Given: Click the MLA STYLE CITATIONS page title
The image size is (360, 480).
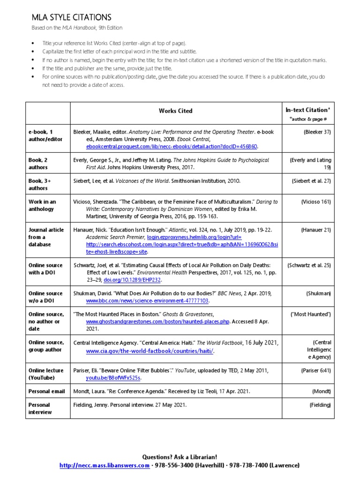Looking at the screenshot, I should coord(71,17).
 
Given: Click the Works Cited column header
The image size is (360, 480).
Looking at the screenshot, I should coord(175,111).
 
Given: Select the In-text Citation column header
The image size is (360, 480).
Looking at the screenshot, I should coord(308,110).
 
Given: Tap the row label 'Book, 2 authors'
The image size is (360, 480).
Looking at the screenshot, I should coord(38,164).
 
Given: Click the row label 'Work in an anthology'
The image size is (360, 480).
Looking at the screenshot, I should coord(42,205).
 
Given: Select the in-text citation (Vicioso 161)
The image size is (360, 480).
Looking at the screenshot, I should coord(315,202).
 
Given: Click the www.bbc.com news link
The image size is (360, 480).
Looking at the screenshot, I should coord(147,300).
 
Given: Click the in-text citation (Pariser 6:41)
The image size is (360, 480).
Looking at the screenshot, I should coord(315,370).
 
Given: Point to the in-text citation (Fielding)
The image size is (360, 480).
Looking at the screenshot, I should coord(320,405).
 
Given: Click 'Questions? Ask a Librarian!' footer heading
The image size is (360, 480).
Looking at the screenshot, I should coord(180,457).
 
